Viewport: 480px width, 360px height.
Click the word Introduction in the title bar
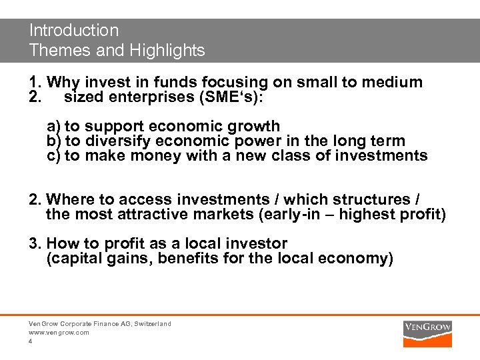(74, 31)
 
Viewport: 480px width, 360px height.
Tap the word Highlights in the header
(168, 50)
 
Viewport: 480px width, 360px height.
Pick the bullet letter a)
(53, 126)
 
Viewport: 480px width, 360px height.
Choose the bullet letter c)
(53, 155)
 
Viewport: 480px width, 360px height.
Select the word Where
(71, 199)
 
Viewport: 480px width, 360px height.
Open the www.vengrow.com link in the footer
(59, 332)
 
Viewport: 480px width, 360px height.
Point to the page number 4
(31, 341)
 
